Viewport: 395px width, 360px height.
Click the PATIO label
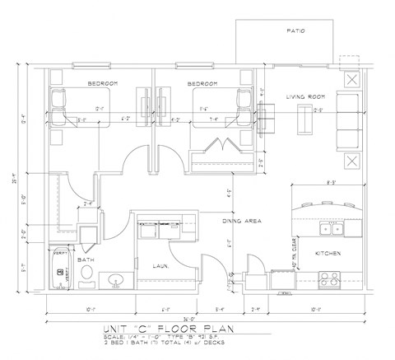[295, 31]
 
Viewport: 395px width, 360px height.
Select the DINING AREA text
[241, 221]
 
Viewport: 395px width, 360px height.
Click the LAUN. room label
[160, 265]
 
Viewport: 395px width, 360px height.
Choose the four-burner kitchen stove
[331, 278]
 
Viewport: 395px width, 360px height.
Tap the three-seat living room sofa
[350, 120]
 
